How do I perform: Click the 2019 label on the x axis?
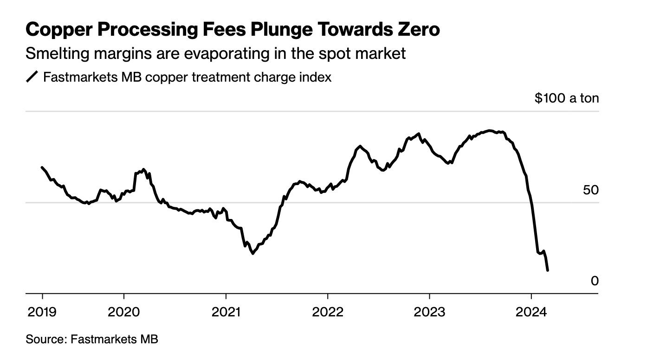click(x=42, y=312)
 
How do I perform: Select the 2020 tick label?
click(x=123, y=312)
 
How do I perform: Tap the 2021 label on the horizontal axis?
click(x=226, y=312)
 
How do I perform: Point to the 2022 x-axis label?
click(x=328, y=312)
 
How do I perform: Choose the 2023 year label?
click(x=429, y=312)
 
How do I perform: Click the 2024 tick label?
click(x=531, y=312)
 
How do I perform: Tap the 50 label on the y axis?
click(x=591, y=190)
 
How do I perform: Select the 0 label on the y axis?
click(x=595, y=281)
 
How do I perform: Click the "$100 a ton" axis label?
click(x=567, y=98)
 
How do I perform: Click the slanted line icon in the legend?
click(x=32, y=77)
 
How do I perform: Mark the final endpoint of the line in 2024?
click(x=548, y=270)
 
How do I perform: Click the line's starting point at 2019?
click(x=42, y=167)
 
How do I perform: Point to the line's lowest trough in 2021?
click(x=252, y=253)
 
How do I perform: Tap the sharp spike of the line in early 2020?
click(x=143, y=169)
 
